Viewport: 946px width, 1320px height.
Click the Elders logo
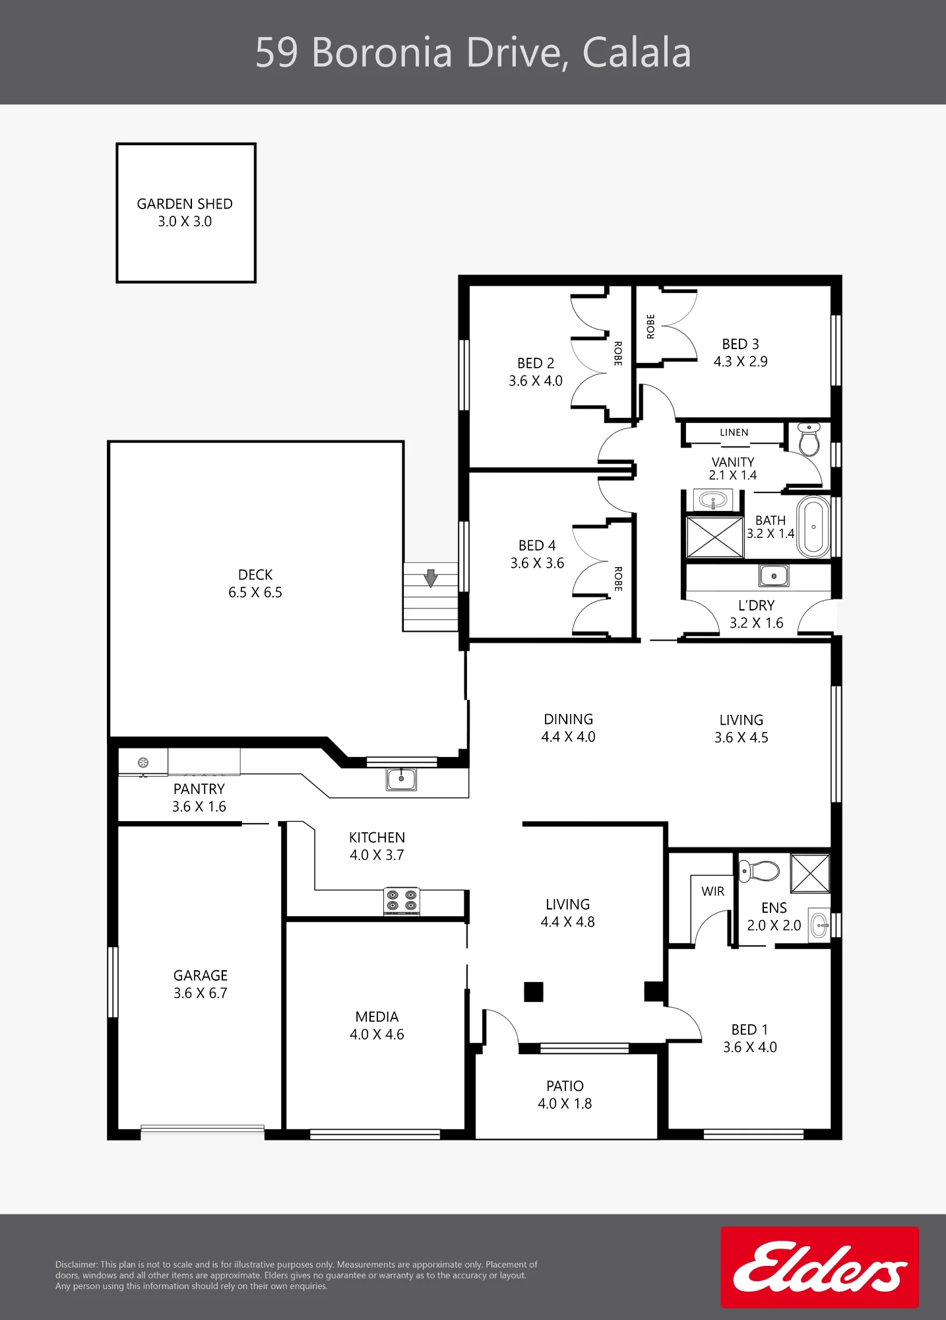pos(819,1267)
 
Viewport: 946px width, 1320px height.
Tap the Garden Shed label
pos(185,204)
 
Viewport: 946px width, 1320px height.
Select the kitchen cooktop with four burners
pos(402,901)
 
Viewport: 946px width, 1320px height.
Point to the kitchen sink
pos(401,779)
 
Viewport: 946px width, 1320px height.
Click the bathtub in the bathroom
pos(813,527)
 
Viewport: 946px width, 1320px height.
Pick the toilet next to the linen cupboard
pos(809,439)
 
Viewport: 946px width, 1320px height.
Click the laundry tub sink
pos(774,576)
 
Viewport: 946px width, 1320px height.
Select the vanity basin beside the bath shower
pos(712,500)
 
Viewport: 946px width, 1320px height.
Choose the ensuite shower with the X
pos(810,873)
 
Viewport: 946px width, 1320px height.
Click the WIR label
pos(713,892)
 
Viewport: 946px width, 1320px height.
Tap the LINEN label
pos(734,432)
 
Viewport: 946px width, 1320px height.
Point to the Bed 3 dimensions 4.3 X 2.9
pos(741,362)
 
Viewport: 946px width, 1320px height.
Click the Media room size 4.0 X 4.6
pos(377,1034)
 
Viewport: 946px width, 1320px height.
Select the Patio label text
pos(565,1086)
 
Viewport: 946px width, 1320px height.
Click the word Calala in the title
pos(637,53)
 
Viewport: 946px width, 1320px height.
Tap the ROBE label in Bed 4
pos(618,579)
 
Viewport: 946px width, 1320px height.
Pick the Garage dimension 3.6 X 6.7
pos(201,993)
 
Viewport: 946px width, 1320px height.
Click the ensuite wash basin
pos(819,925)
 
